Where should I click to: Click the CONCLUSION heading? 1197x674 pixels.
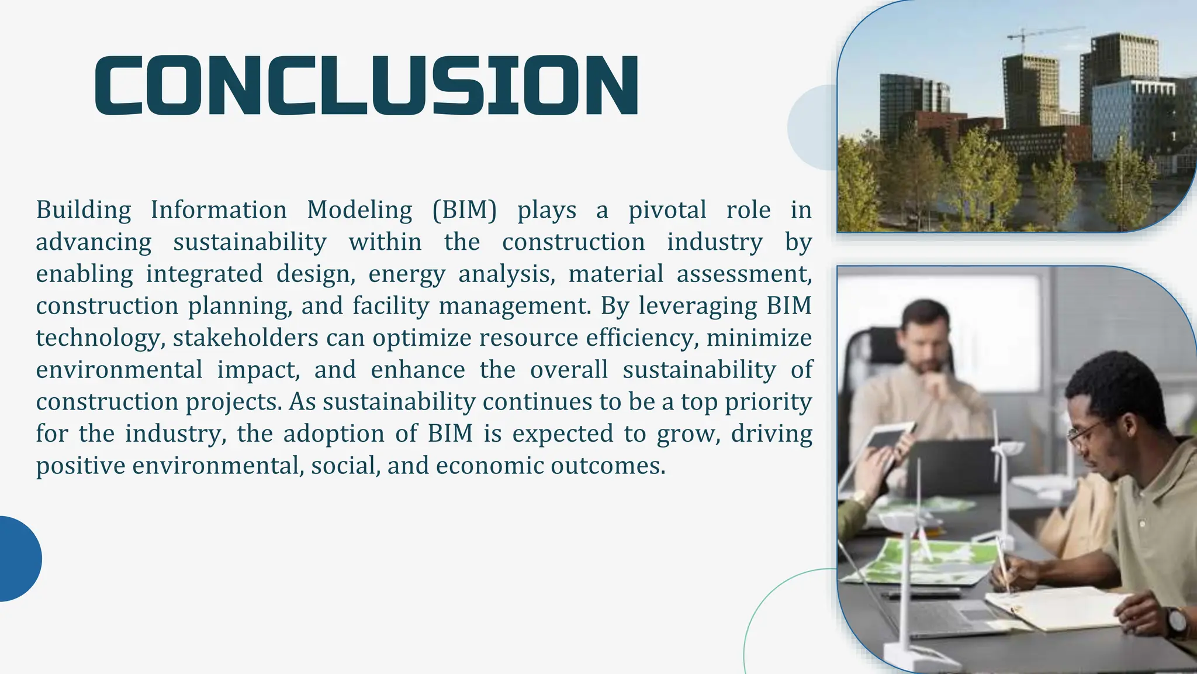coord(366,85)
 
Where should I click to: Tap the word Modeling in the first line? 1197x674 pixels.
coord(359,210)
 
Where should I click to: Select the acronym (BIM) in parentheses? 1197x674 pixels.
coord(464,210)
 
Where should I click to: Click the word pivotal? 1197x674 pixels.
coord(667,210)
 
